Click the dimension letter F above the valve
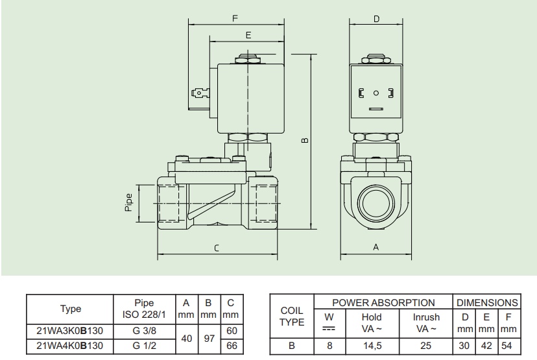[235, 18]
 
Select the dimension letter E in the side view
[248, 34]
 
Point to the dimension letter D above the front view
[376, 19]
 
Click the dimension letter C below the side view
[217, 248]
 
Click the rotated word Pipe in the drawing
[128, 202]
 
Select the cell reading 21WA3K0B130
[70, 329]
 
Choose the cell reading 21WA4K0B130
[70, 346]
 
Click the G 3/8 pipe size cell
[145, 329]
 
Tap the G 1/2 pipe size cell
[145, 346]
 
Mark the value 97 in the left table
[208, 337]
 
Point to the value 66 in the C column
[231, 346]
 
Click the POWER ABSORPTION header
[383, 302]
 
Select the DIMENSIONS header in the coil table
[487, 302]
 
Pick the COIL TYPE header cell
[292, 317]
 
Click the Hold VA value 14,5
[372, 346]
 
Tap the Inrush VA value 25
[426, 346]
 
